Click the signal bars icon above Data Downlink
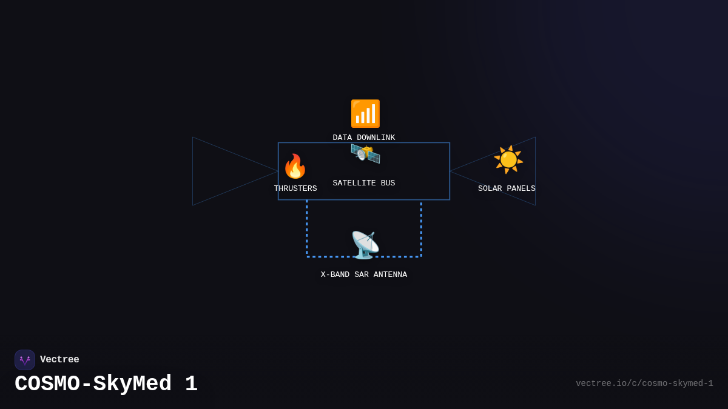point(365,114)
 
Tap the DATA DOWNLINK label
point(364,138)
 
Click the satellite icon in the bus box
point(365,153)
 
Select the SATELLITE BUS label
point(364,184)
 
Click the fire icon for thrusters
point(295,166)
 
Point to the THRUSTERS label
point(295,189)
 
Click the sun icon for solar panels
point(508,159)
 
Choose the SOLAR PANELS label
point(507,189)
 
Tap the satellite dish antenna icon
point(365,245)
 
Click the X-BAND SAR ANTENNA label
point(364,275)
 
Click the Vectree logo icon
point(25,360)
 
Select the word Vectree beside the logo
point(59,360)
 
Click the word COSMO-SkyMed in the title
point(93,384)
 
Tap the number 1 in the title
point(191,384)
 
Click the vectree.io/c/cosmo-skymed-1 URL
point(644,384)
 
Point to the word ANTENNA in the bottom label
point(390,275)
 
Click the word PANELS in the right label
point(521,189)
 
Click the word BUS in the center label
point(388,184)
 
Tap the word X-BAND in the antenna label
point(335,275)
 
